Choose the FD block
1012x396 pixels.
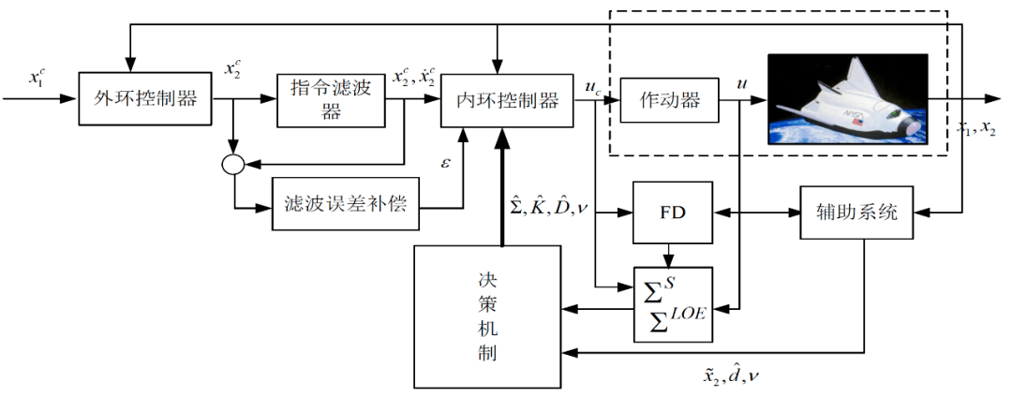click(672, 212)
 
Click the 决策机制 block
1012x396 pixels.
click(486, 315)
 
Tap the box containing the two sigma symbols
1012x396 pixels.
click(672, 303)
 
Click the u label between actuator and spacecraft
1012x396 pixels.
click(742, 84)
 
